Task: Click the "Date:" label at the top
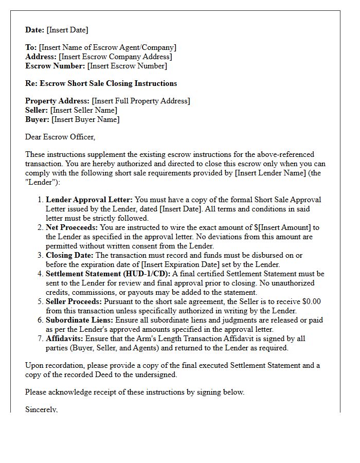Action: point(34,30)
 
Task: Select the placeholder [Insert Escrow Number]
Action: point(127,66)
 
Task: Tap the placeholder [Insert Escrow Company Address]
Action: point(115,57)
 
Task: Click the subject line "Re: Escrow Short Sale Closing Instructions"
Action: point(101,83)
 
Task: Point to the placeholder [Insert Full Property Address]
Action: point(140,101)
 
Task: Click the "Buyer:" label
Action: point(37,119)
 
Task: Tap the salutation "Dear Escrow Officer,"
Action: point(60,137)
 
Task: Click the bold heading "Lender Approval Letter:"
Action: point(89,200)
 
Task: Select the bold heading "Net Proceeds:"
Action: point(71,227)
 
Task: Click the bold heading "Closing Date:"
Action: point(70,255)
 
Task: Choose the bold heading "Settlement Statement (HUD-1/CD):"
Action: point(108,274)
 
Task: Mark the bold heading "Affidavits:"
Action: point(65,339)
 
